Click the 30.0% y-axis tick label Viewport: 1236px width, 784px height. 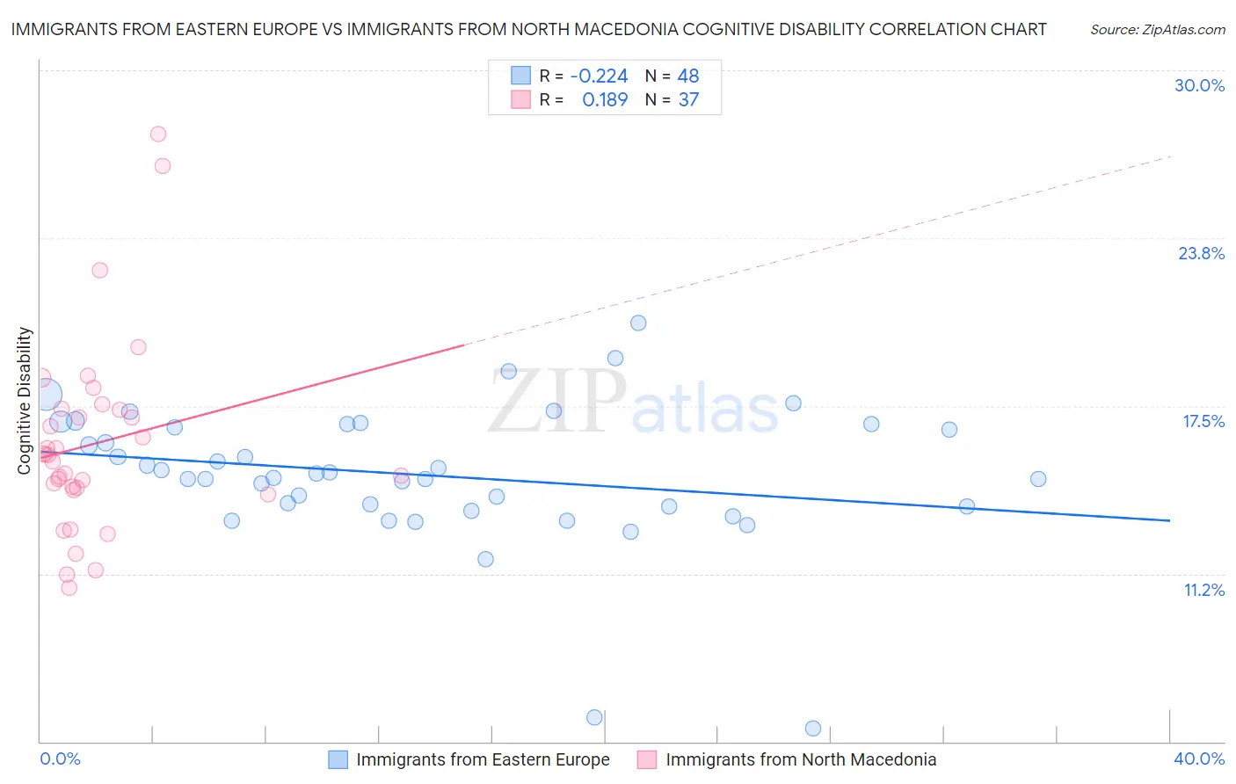[x=1199, y=85]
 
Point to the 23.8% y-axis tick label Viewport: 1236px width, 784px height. [x=1201, y=253]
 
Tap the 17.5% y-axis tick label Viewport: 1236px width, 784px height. [x=1203, y=421]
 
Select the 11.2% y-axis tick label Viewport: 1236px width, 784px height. [x=1203, y=590]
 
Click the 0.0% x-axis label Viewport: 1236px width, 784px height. [x=60, y=759]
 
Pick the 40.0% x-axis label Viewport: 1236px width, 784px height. [x=1198, y=759]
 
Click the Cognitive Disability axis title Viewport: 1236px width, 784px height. [x=24, y=401]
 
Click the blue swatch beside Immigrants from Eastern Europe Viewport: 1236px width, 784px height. [x=338, y=759]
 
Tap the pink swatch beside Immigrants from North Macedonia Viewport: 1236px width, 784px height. [x=647, y=759]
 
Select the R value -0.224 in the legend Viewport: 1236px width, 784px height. [x=599, y=76]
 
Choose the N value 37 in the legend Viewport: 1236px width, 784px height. [x=688, y=99]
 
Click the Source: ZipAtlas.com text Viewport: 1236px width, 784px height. [x=1157, y=29]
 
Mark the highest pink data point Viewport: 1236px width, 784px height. [x=158, y=134]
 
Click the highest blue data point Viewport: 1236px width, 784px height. [x=638, y=323]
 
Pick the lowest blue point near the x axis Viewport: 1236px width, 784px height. [x=813, y=729]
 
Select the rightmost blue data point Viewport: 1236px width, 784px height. [x=1038, y=479]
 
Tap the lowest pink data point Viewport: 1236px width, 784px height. [x=69, y=588]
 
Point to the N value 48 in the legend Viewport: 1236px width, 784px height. [x=687, y=76]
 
